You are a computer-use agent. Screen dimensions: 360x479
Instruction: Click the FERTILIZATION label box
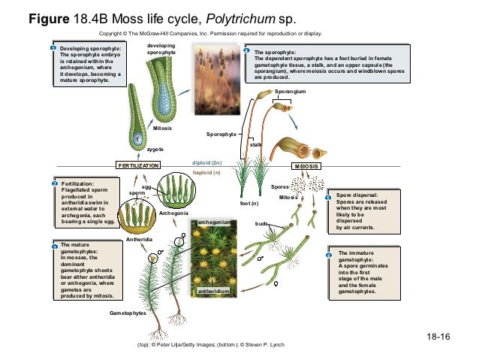[138, 165]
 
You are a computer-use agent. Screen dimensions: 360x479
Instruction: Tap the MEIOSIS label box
[307, 165]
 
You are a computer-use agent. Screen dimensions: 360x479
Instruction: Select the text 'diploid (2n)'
[206, 162]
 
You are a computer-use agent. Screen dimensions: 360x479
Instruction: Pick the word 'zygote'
[155, 150]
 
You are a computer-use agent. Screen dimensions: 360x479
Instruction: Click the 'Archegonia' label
[173, 213]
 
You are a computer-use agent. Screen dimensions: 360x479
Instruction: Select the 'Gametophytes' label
[128, 312]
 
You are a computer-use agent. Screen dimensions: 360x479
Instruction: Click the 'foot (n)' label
[249, 204]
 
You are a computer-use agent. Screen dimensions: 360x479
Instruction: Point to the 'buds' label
[261, 223]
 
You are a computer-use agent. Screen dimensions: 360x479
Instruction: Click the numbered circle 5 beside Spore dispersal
[327, 197]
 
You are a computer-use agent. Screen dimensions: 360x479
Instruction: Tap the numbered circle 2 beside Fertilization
[55, 183]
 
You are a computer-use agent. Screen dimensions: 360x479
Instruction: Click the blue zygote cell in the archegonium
[138, 140]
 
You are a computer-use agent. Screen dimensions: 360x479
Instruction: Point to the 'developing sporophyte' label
[161, 49]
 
